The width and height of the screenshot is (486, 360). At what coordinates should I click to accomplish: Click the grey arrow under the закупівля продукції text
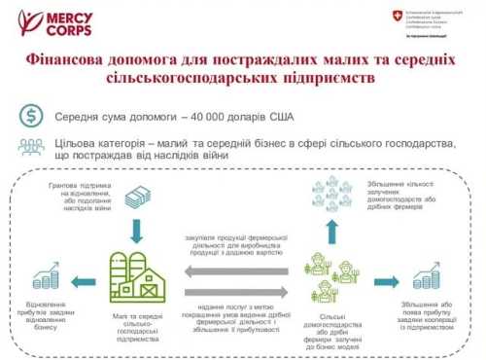234,270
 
